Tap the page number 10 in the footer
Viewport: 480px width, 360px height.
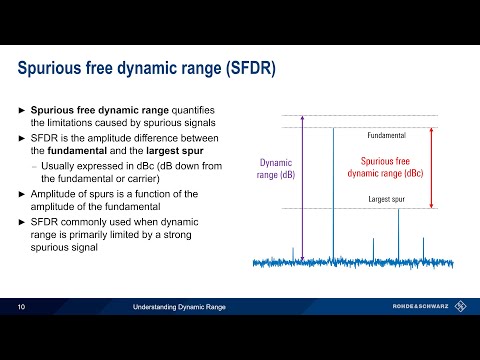tap(21, 307)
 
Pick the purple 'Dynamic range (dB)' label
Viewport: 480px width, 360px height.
tap(279, 167)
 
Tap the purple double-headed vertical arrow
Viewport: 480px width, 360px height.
tap(316, 190)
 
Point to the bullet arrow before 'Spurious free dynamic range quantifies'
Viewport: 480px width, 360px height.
tap(23, 109)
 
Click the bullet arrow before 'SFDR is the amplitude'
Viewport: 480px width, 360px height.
tap(23, 135)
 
